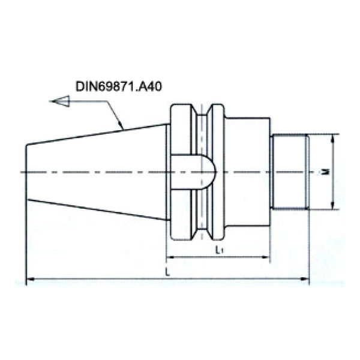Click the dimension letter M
(325, 172)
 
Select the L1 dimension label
(219, 250)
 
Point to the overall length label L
(168, 272)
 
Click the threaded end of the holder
(290, 172)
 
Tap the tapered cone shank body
(96, 171)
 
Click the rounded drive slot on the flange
(193, 173)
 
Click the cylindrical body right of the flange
(247, 172)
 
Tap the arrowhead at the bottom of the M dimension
(332, 206)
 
